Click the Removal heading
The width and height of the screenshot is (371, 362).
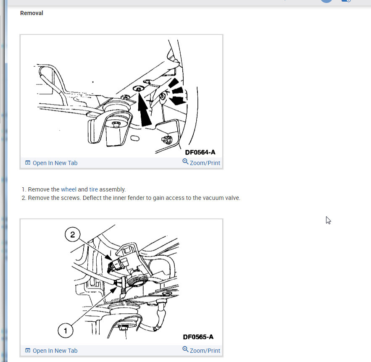coord(32,13)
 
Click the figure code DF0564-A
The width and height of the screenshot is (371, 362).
coord(200,152)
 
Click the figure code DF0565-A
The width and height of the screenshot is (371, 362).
coord(198,337)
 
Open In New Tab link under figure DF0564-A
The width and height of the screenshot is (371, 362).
coord(55,163)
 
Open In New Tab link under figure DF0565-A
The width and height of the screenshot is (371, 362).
coord(55,351)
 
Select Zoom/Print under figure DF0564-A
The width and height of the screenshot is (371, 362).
coord(205,163)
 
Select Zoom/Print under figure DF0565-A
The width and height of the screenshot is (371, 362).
coord(205,351)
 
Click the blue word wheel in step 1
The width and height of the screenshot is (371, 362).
coord(68,189)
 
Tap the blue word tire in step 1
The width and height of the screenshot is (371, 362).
coord(93,189)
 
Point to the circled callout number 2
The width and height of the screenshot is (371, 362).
coord(72,234)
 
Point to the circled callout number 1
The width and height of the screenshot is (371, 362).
coord(66,331)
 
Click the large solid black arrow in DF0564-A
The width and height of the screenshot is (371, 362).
coord(144,110)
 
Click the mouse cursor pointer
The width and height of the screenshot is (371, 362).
coord(328,220)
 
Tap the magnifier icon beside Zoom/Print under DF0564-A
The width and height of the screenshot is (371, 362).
coord(185,162)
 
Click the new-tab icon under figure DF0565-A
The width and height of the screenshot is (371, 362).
coord(28,350)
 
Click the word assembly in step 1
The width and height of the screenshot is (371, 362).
coord(112,190)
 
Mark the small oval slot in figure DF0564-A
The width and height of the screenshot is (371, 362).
coord(135,138)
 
